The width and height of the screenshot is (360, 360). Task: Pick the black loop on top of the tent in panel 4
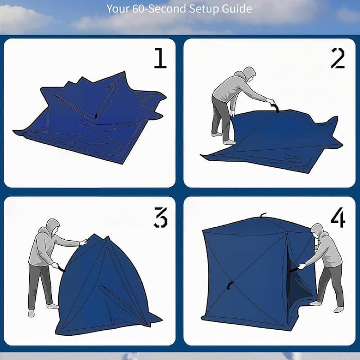pyautogui.click(x=263, y=215)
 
